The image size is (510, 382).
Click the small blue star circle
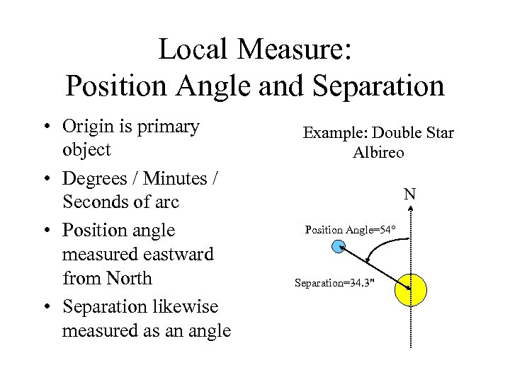(339, 246)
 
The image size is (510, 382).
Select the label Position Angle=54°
(350, 230)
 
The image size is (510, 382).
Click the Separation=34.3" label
(334, 284)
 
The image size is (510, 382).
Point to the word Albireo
(378, 153)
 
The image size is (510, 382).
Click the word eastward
(174, 254)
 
